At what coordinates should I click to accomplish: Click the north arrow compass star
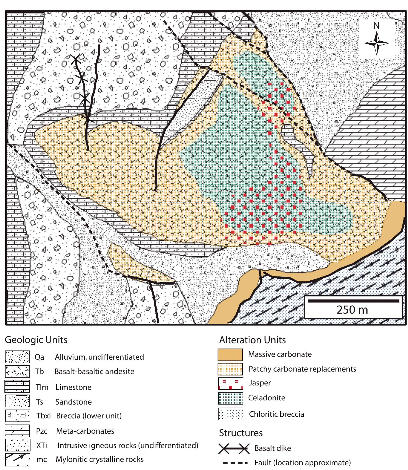click(376, 43)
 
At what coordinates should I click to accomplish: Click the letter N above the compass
click(376, 26)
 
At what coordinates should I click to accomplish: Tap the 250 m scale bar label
click(352, 310)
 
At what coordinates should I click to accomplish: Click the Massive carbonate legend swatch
click(230, 354)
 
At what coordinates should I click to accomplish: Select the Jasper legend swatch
click(231, 384)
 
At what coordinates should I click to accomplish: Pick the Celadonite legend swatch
click(231, 398)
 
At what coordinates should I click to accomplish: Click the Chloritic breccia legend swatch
click(231, 414)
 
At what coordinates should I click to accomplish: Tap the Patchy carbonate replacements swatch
click(230, 369)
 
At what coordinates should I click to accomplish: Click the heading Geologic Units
click(36, 340)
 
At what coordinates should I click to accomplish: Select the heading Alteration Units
click(252, 340)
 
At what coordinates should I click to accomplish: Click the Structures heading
click(241, 433)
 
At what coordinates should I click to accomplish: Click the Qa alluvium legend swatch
click(17, 357)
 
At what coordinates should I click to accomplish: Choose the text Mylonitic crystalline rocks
click(100, 459)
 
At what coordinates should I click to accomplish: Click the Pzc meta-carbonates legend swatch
click(17, 431)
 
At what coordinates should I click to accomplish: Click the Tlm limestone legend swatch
click(17, 387)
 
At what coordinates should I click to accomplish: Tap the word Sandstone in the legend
click(73, 402)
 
